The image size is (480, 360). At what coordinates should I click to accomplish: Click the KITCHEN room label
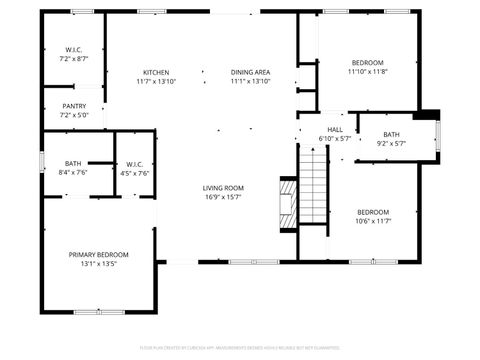pos(156,72)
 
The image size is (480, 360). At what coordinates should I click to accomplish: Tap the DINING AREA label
pos(250,72)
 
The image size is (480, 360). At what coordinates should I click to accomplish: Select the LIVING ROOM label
pos(224,187)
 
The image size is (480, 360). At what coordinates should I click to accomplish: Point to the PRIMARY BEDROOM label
pos(98,255)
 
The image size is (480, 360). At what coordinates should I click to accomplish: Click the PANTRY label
pos(74,106)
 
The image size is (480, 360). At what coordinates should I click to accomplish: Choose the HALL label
pos(334,129)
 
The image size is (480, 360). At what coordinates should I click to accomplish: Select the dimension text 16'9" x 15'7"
pos(224,197)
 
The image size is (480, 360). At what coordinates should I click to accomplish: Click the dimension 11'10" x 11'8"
pos(368,71)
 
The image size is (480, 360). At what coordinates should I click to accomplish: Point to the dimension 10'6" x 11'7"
pos(373,221)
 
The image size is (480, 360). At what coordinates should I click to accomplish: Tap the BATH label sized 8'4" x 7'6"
pos(74,163)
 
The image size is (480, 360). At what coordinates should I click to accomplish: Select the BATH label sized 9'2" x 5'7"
pos(390,134)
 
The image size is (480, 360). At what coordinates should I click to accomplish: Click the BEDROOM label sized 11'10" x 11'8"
pos(368,61)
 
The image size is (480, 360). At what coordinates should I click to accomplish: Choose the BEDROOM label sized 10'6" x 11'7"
pos(373,211)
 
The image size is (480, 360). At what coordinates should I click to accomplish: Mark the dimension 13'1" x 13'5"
pos(98,265)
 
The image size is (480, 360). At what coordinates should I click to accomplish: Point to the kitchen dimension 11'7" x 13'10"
pos(156,82)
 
